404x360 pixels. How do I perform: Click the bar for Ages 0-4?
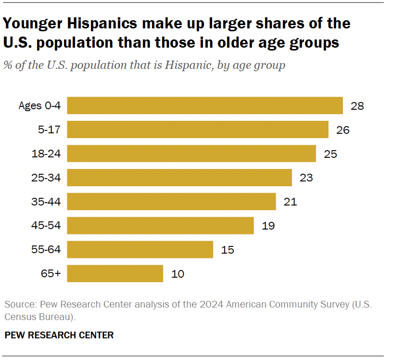205,105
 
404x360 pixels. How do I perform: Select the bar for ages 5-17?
198,129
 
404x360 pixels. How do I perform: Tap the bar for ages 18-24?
191,154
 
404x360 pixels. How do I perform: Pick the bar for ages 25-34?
179,178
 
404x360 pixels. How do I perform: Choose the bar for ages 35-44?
171,202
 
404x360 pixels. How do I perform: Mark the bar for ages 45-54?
160,226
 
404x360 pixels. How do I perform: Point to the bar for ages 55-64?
140,250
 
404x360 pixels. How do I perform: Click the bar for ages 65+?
115,274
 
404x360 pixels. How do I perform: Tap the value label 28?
357,106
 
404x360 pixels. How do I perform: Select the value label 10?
177,274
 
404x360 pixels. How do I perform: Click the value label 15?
227,250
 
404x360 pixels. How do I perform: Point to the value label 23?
306,178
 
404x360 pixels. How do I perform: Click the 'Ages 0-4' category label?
40,106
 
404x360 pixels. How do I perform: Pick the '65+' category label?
51,274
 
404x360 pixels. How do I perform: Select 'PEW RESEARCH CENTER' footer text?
59,335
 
